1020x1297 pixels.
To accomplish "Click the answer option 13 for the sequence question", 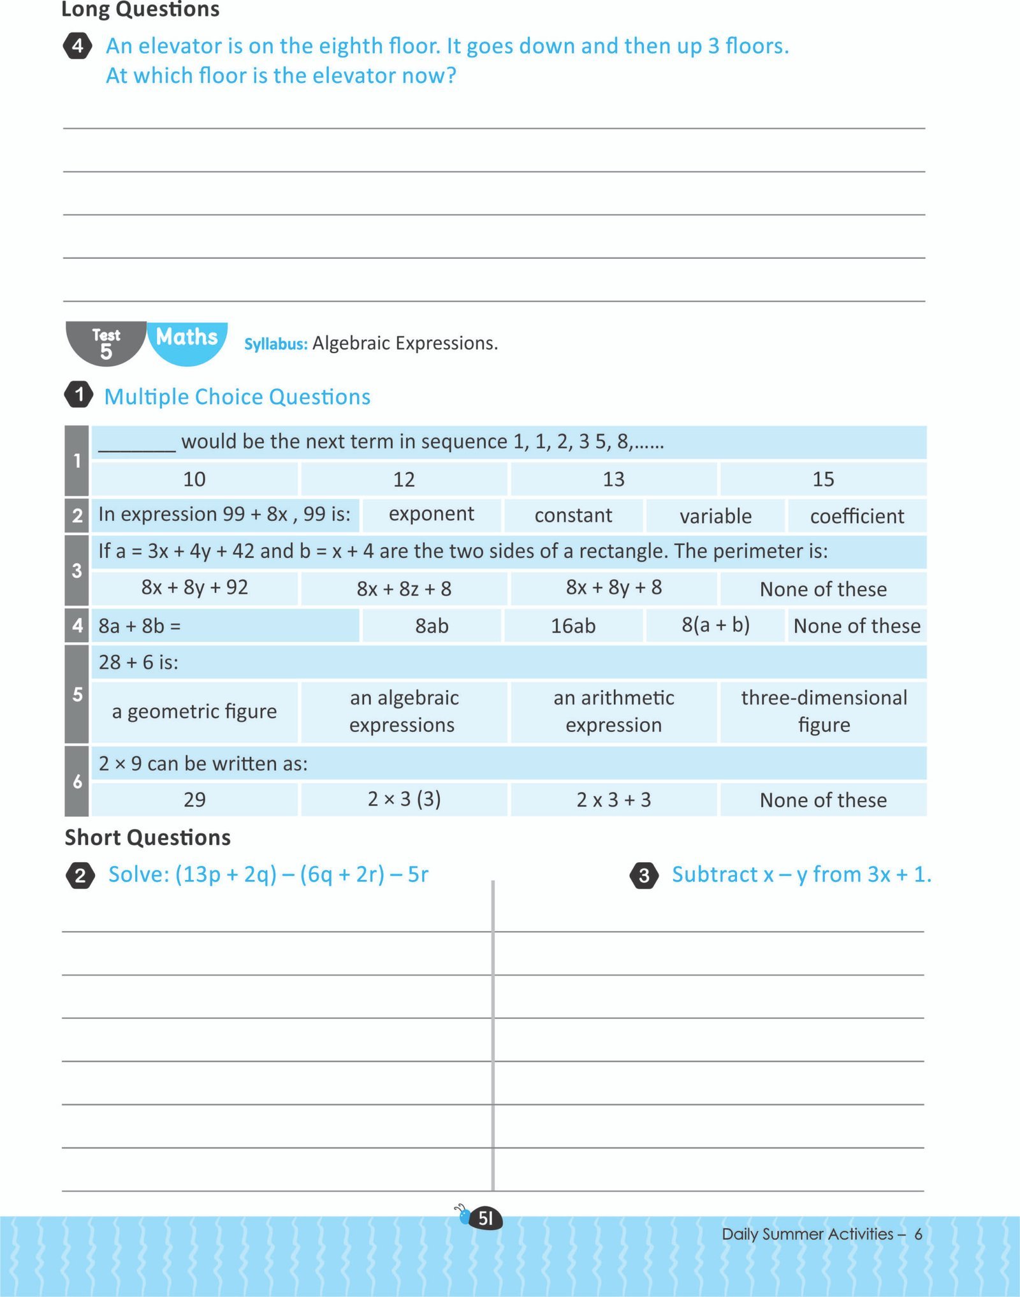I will (613, 480).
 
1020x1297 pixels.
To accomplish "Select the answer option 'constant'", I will (573, 515).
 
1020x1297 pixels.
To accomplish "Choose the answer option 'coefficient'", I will (857, 516).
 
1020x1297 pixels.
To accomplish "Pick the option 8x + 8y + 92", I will (194, 587).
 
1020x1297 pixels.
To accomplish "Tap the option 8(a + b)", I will (715, 625).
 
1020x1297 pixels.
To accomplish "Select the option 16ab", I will (573, 626).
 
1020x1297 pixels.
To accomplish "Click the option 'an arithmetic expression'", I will (613, 712).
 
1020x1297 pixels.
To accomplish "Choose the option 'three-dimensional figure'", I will (824, 712).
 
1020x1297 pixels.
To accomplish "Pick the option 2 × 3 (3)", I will (404, 799).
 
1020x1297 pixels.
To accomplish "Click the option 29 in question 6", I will (194, 800).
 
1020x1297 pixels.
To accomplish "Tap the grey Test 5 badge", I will (106, 344).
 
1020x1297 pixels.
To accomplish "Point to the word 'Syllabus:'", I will (275, 344).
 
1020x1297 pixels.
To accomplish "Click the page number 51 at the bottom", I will (486, 1219).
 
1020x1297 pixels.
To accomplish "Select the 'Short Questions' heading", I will (148, 837).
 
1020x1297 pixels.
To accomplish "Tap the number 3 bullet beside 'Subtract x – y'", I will (644, 876).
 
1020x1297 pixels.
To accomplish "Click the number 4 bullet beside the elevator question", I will (78, 46).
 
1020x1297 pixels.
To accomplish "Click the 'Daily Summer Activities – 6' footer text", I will (821, 1234).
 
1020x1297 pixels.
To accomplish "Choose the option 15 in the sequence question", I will (823, 480).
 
